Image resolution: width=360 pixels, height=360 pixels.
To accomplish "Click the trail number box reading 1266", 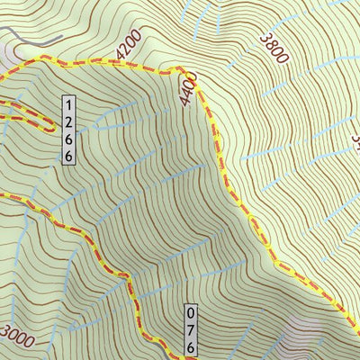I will pyautogui.click(x=68, y=130).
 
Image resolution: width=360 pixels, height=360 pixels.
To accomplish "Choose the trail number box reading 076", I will pyautogui.click(x=191, y=330).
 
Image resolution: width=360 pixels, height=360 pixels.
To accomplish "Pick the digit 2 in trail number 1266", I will pyautogui.click(x=68, y=121).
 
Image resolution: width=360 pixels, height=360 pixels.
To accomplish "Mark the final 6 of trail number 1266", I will pyautogui.click(x=68, y=155).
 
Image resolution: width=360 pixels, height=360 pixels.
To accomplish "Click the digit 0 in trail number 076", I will pyautogui.click(x=191, y=314).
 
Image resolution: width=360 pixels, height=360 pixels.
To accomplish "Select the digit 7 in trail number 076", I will pyautogui.click(x=191, y=330).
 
